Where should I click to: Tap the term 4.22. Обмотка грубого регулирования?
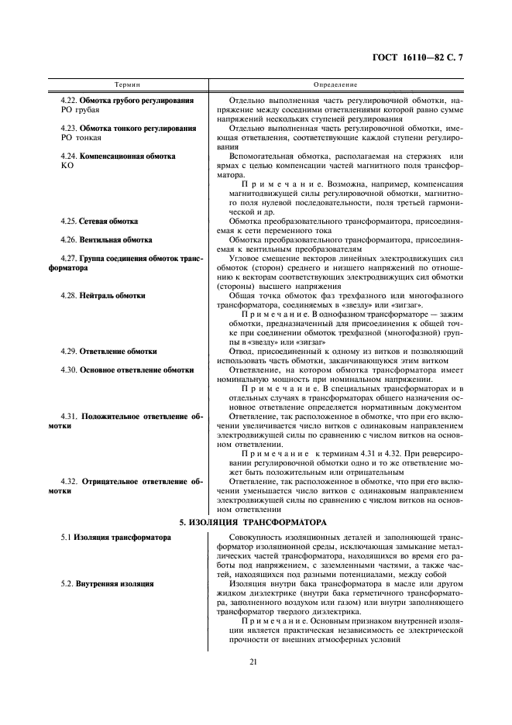tap(127, 101)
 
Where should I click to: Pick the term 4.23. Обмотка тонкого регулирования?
tap(127, 128)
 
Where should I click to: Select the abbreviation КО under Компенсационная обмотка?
tap(67, 166)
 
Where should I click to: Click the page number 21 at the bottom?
tap(253, 661)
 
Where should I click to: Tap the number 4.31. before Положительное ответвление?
tap(70, 416)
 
